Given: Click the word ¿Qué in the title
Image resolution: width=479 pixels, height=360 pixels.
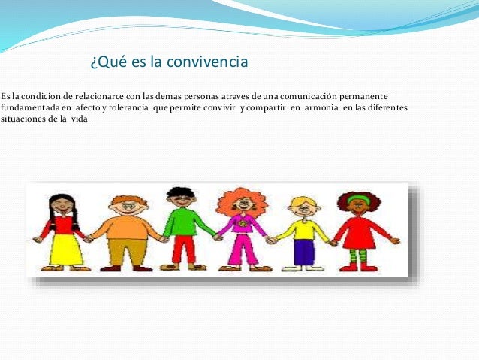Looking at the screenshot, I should tap(105, 62).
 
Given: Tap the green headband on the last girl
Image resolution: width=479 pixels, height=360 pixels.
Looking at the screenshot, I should tap(360, 198).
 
